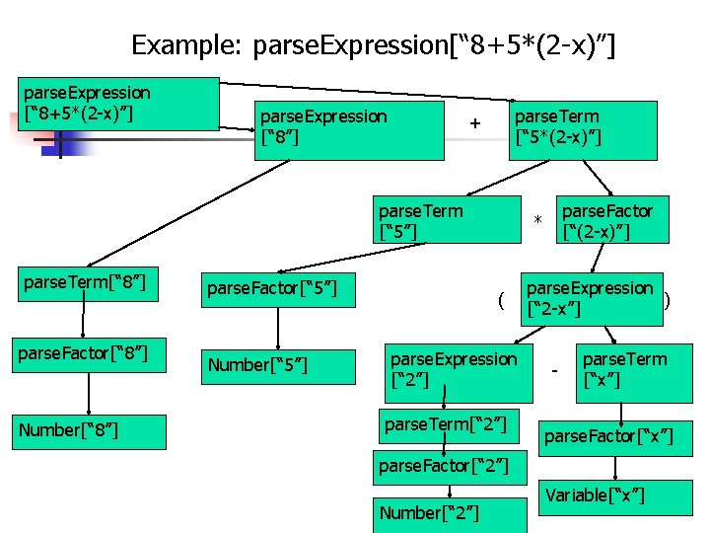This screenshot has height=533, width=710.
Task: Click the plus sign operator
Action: coord(476,124)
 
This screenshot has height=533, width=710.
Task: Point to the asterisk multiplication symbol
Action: coord(538,219)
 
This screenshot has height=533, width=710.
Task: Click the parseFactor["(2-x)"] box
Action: coord(608,220)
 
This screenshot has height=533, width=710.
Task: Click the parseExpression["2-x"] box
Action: coord(591,298)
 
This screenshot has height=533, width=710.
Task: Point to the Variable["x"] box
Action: coord(597,495)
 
